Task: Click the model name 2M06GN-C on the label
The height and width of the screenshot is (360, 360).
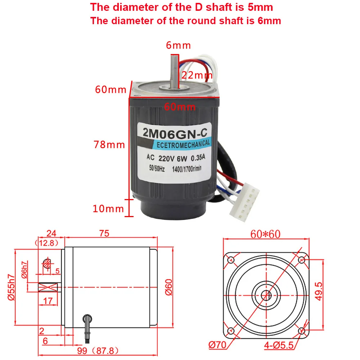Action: click(x=175, y=133)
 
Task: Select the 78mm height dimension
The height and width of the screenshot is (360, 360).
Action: click(x=109, y=145)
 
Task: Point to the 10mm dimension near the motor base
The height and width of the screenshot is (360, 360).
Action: click(x=108, y=209)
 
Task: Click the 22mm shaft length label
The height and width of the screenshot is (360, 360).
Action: click(x=197, y=75)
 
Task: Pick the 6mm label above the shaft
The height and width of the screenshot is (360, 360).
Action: click(x=179, y=45)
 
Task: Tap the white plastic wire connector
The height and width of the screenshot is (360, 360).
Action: click(x=244, y=202)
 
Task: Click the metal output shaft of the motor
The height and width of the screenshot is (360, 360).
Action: click(x=174, y=72)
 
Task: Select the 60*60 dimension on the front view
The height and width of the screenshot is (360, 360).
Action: click(x=265, y=234)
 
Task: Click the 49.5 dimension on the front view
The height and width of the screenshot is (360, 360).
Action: click(x=319, y=291)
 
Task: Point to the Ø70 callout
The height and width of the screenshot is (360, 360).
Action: click(x=217, y=345)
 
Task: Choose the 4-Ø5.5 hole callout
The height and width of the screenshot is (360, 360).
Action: click(x=279, y=345)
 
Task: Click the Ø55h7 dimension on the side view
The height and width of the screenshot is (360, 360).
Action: click(x=11, y=287)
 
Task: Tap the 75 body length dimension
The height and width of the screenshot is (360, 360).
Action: click(x=104, y=233)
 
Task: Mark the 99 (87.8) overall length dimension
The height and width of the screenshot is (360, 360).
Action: click(x=98, y=351)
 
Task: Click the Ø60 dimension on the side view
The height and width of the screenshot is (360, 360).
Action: click(x=169, y=287)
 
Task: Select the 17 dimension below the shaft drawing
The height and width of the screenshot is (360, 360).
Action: click(x=48, y=301)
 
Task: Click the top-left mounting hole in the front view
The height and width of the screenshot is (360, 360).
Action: click(x=231, y=260)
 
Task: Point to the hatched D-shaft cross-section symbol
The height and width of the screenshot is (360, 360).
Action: click(x=47, y=264)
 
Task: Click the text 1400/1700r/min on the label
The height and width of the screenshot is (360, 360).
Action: click(x=187, y=169)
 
